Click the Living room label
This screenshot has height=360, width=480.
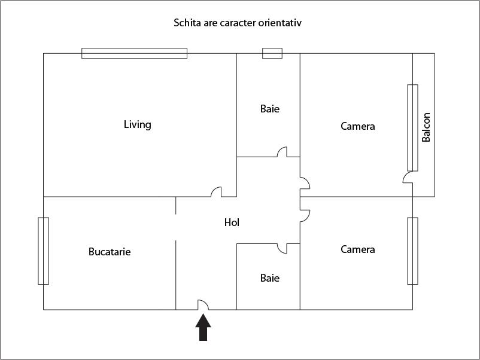click(x=137, y=124)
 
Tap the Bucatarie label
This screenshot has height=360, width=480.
click(x=109, y=252)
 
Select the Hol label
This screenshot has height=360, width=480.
click(x=232, y=222)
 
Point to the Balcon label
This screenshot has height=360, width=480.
click(x=426, y=127)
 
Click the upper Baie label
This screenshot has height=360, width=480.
click(x=269, y=109)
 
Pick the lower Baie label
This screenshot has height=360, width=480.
click(x=269, y=278)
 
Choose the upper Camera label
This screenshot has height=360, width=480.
click(x=357, y=126)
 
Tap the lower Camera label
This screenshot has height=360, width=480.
click(x=357, y=249)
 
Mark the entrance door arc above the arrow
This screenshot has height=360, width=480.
click(x=203, y=304)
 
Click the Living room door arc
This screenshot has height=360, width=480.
click(x=216, y=192)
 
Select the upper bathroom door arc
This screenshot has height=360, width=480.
click(x=282, y=152)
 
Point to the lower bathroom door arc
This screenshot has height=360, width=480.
click(x=282, y=248)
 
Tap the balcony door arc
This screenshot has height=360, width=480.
click(x=408, y=178)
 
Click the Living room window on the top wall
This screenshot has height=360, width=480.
click(x=134, y=53)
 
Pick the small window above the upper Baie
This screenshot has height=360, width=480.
click(x=272, y=53)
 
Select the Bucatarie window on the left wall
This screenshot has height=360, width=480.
click(x=43, y=251)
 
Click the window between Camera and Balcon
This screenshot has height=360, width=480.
click(x=412, y=127)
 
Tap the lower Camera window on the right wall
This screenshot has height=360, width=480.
click(x=412, y=251)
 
